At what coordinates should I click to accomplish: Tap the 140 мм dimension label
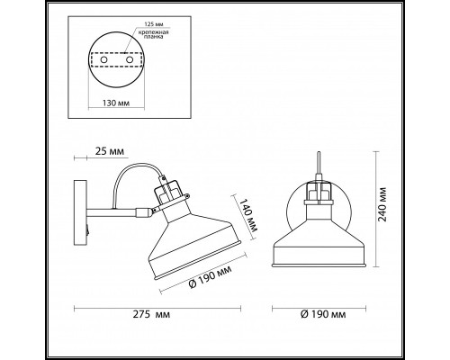(243, 212)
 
